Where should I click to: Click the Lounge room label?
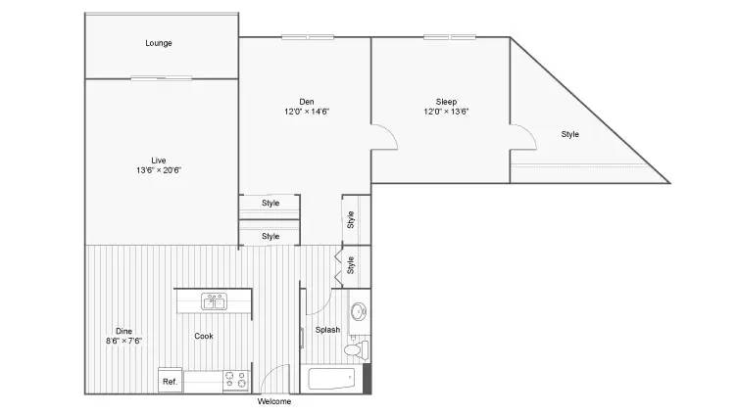click(x=159, y=43)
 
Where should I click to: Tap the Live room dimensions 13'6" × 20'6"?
click(x=159, y=170)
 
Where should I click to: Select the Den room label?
click(x=307, y=102)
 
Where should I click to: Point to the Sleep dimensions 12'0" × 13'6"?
click(x=446, y=112)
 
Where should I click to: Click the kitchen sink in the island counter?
click(x=215, y=301)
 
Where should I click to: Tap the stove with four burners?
click(x=236, y=380)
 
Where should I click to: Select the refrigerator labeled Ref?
click(x=170, y=381)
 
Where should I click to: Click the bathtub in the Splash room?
click(x=331, y=379)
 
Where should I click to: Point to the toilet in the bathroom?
click(x=356, y=349)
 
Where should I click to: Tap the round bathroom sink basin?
click(x=359, y=311)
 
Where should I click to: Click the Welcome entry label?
click(x=273, y=401)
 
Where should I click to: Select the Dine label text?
click(x=123, y=331)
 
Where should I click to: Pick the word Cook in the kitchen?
click(x=204, y=336)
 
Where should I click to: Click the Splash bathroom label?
click(x=327, y=330)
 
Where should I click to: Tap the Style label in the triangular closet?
click(x=570, y=134)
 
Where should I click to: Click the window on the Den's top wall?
click(x=308, y=37)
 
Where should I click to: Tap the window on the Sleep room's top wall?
click(x=450, y=37)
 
